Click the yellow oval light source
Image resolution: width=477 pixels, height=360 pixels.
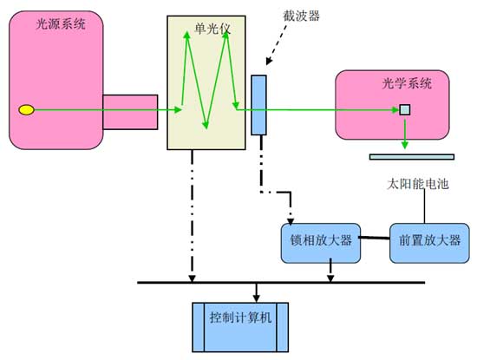click(x=27, y=110)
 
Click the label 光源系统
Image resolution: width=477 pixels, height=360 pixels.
click(x=61, y=23)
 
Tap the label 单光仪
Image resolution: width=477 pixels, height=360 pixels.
click(x=212, y=29)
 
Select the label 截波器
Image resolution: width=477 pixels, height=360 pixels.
click(x=301, y=16)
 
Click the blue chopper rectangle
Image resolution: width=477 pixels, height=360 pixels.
click(x=258, y=105)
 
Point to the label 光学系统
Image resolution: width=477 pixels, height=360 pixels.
click(x=407, y=83)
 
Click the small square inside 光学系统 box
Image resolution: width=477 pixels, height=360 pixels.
click(x=405, y=110)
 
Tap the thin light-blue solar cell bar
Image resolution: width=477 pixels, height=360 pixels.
click(x=412, y=157)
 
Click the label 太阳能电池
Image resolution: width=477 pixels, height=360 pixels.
click(x=418, y=184)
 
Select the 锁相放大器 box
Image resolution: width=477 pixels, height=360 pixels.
click(x=321, y=243)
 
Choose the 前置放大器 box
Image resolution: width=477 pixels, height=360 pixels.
click(x=429, y=243)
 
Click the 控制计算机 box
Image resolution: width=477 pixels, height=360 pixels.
click(x=240, y=327)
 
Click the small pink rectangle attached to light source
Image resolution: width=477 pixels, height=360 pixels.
click(x=130, y=112)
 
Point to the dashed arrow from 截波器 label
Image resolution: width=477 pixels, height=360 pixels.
click(x=276, y=45)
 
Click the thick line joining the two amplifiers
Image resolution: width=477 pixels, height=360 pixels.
click(x=375, y=238)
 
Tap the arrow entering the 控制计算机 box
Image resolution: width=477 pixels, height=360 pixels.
click(x=256, y=292)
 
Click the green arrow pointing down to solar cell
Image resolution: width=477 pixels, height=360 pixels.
click(x=405, y=134)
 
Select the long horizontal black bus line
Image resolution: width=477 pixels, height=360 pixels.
click(x=281, y=283)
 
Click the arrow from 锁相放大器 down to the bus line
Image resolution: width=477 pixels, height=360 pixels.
click(x=330, y=271)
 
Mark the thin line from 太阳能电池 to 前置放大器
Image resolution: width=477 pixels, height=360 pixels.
click(x=425, y=206)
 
